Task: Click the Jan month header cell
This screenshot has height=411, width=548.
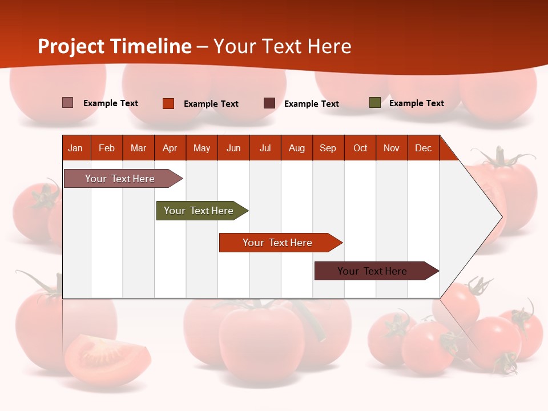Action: click(x=76, y=148)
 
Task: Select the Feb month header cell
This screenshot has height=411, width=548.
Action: click(x=107, y=148)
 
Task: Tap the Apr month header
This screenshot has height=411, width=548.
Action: click(x=170, y=148)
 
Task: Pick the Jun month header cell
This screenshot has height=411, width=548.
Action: click(x=233, y=148)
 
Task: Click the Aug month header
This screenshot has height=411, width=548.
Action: click(x=297, y=148)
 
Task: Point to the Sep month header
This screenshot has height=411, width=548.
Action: click(x=328, y=148)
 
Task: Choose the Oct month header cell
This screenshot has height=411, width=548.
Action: click(x=360, y=148)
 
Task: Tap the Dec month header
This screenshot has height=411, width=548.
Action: click(x=424, y=148)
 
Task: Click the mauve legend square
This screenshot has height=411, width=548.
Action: click(x=67, y=103)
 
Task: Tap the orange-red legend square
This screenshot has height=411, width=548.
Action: click(x=168, y=103)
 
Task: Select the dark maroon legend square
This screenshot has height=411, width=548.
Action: click(x=269, y=103)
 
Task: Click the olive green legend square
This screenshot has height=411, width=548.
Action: click(x=374, y=103)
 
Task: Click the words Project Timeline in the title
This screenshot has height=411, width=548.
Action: click(x=115, y=46)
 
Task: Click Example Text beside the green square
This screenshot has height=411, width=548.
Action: click(x=416, y=103)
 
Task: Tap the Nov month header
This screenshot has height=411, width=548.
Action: click(x=392, y=148)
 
